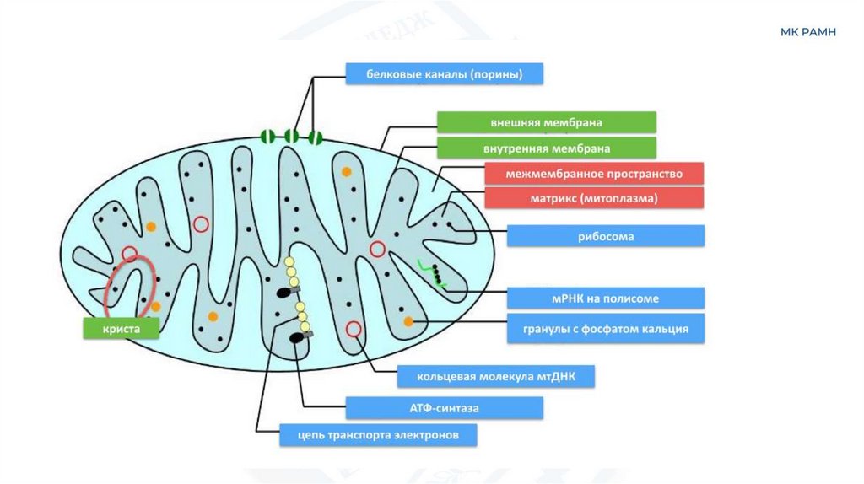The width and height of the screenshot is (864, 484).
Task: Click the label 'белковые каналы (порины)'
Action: click(x=444, y=74)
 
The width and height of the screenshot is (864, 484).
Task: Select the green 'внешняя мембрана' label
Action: click(x=546, y=122)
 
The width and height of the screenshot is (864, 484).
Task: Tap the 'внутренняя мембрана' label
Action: click(x=546, y=148)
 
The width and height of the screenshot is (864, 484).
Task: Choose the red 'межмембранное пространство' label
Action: click(x=594, y=175)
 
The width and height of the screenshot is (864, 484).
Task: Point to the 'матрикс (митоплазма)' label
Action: click(x=594, y=198)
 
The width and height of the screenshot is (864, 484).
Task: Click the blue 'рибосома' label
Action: click(x=606, y=236)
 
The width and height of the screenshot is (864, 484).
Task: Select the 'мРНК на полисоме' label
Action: click(x=606, y=298)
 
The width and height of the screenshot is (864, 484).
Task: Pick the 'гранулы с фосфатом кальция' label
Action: click(x=606, y=329)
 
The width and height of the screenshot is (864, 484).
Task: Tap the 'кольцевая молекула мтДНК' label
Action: click(x=496, y=376)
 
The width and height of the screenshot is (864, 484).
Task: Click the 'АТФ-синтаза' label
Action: click(x=444, y=408)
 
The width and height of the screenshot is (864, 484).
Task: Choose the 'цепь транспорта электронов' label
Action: click(x=379, y=435)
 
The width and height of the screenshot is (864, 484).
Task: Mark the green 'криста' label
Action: click(x=121, y=328)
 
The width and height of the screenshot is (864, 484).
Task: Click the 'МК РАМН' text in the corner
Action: click(x=807, y=32)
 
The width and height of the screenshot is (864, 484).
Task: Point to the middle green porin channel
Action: click(x=291, y=136)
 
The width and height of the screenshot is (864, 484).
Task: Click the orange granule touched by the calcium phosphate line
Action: click(x=408, y=322)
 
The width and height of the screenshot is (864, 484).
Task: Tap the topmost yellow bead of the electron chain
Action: click(x=290, y=261)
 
